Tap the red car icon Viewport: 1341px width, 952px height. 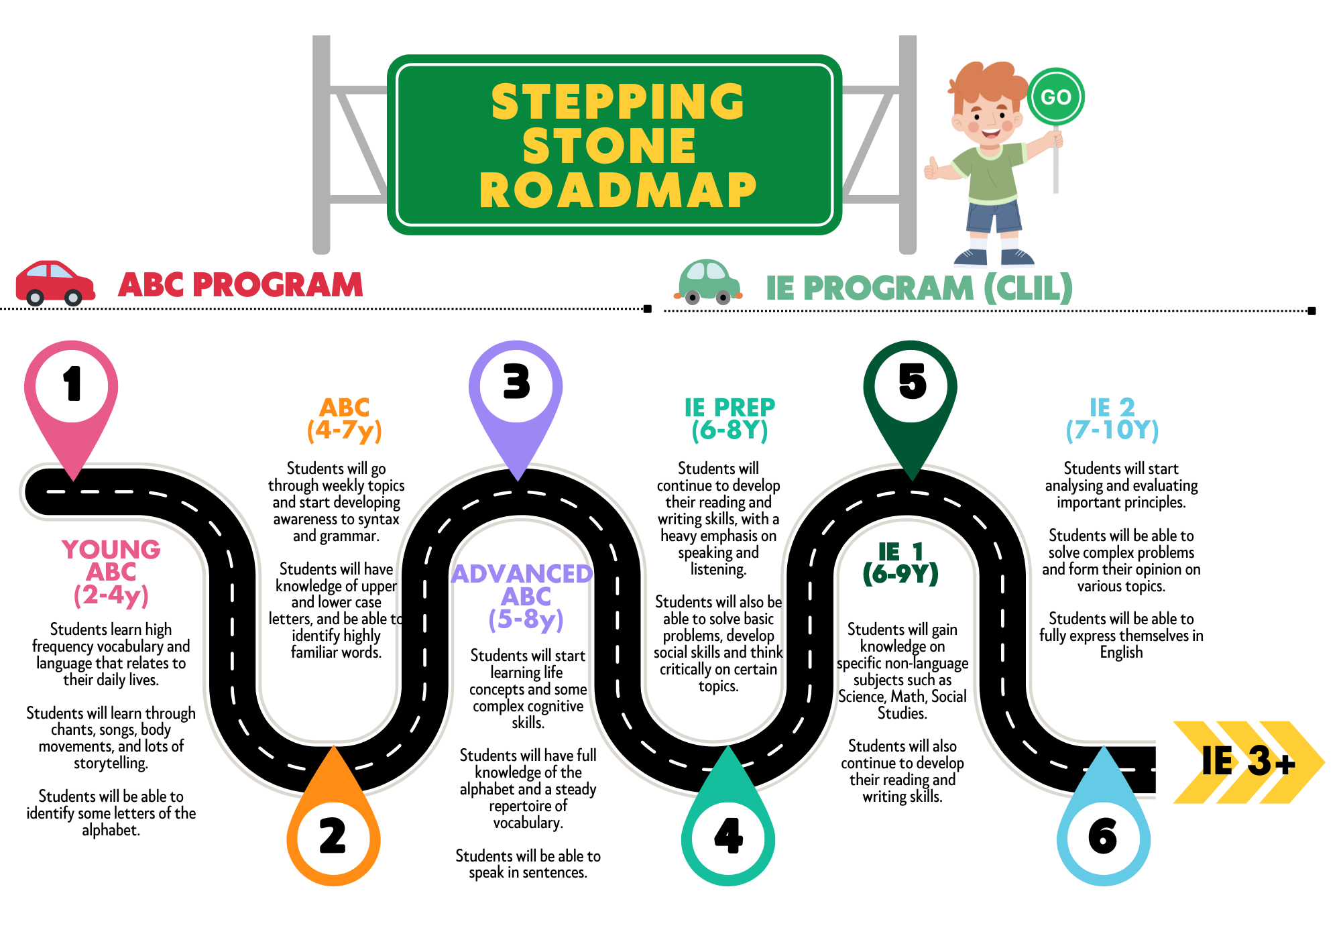click(x=55, y=283)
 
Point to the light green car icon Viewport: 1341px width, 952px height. click(x=708, y=282)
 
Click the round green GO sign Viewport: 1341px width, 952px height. click(x=1056, y=97)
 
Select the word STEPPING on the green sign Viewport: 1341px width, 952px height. click(x=618, y=102)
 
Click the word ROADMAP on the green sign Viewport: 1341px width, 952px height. click(x=618, y=190)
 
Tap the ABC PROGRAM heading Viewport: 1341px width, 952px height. click(x=241, y=284)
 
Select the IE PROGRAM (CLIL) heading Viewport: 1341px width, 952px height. click(x=919, y=288)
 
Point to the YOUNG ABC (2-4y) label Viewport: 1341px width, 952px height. click(x=111, y=573)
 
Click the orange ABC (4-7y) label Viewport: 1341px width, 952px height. click(x=345, y=419)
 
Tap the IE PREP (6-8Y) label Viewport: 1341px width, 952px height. click(x=730, y=418)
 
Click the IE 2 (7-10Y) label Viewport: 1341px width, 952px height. click(x=1112, y=419)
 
